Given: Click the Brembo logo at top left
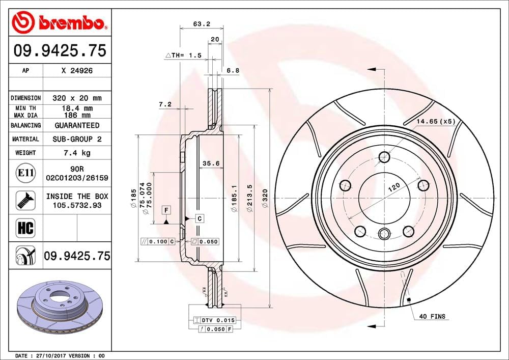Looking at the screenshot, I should point(60,23).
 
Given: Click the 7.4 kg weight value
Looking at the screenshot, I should point(77,153).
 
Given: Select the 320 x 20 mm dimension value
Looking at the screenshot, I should point(77,98).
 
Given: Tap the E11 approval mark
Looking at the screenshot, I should point(25,173).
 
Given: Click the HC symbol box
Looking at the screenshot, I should point(25,228).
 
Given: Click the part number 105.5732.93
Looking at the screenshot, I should point(77,205).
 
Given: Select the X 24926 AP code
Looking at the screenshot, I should point(77,72).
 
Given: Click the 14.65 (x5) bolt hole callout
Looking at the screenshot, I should point(435,121).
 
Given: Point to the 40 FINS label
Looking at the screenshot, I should point(432,316).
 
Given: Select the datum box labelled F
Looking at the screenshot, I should point(166,210).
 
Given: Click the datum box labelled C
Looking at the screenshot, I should point(200,218).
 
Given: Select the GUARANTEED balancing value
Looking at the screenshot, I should point(77,125).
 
